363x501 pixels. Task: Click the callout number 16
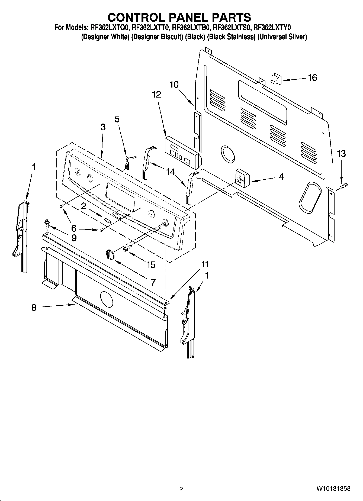[312, 78]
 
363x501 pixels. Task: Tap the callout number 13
[341, 154]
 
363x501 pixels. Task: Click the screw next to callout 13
[344, 186]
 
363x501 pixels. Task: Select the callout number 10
[174, 85]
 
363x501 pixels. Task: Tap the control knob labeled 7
[110, 255]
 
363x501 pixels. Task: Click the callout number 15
[151, 265]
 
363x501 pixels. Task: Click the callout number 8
[34, 308]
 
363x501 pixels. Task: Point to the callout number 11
[205, 264]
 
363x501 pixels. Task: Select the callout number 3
[103, 127]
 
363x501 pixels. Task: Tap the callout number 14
[170, 172]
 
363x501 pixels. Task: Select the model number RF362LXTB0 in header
[191, 27]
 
